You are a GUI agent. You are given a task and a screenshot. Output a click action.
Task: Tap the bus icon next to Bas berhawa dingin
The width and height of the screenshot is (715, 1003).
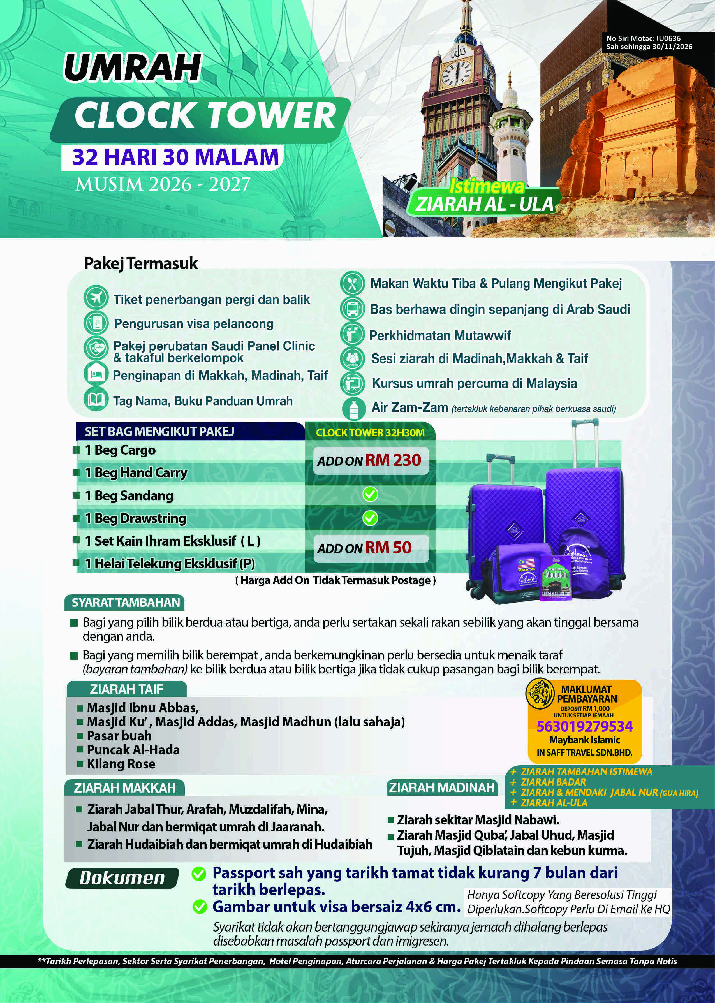click(x=352, y=309)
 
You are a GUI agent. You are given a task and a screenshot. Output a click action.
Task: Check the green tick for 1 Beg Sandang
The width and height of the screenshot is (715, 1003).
click(x=370, y=495)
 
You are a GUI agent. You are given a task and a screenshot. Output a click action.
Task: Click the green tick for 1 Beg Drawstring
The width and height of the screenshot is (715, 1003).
click(x=370, y=518)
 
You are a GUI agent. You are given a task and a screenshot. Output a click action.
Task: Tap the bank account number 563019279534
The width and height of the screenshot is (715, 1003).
click(x=584, y=726)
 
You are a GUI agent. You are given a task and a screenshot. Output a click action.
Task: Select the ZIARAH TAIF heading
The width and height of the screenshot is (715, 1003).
click(x=126, y=689)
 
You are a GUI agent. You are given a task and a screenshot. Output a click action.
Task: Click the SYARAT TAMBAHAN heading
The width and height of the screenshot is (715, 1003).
click(x=126, y=603)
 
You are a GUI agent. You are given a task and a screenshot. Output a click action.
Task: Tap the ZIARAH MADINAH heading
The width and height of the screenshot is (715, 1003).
click(x=442, y=787)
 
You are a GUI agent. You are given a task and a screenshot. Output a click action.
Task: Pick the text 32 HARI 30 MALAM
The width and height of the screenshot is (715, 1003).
click(x=176, y=157)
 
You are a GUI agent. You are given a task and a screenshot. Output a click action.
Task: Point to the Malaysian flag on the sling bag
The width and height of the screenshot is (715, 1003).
click(x=526, y=564)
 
